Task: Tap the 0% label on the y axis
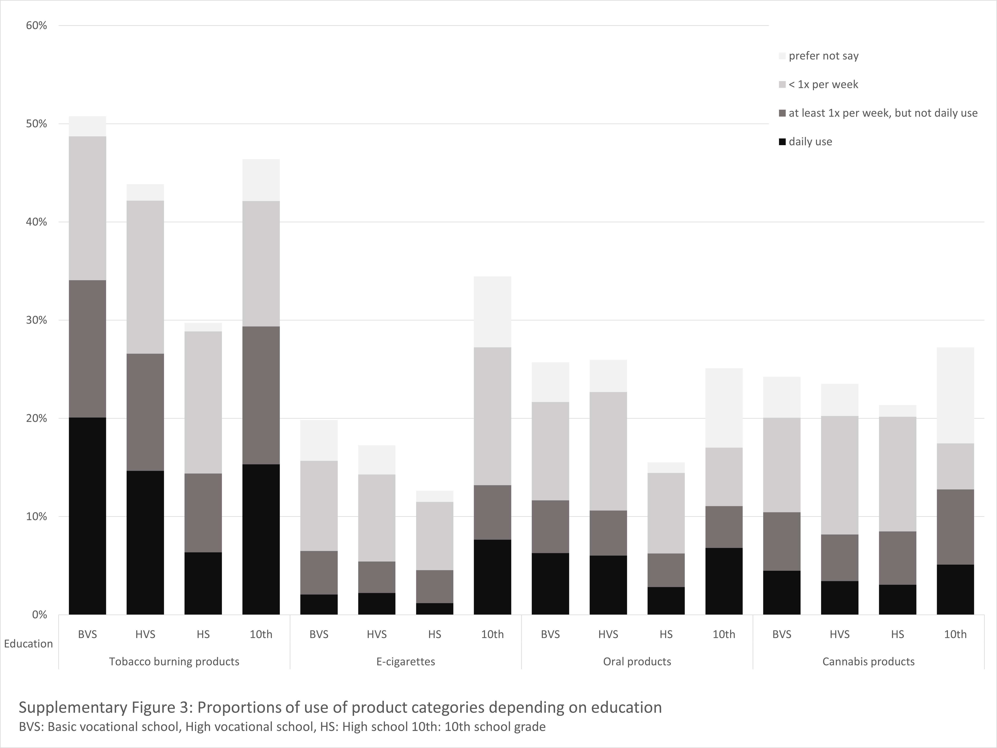click(39, 615)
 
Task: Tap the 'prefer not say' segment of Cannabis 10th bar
click(956, 395)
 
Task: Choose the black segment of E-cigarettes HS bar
click(434, 609)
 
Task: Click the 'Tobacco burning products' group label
click(174, 662)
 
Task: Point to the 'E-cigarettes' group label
click(406, 662)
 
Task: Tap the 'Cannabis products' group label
click(869, 662)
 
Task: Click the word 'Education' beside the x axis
click(28, 643)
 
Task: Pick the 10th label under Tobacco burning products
click(261, 634)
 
